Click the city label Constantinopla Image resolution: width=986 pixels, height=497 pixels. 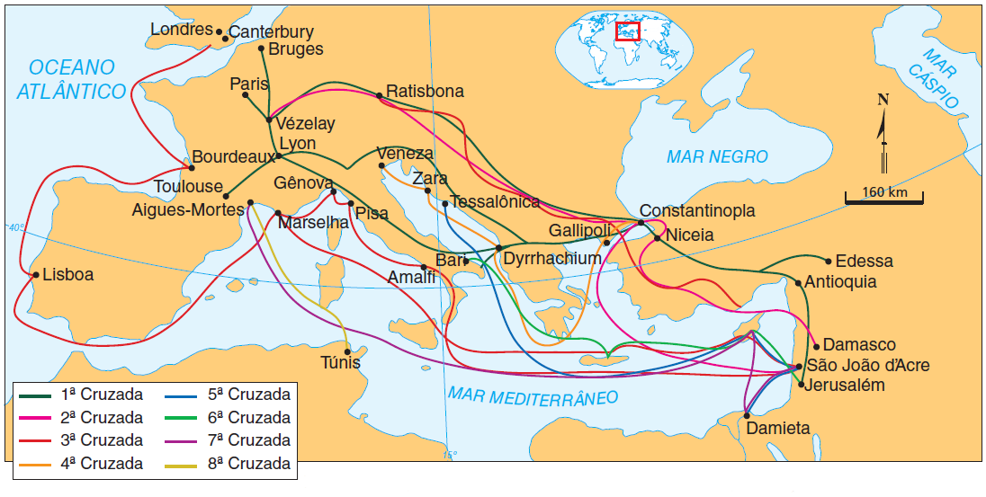(x=696, y=211)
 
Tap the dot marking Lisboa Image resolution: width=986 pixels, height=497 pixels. (x=35, y=275)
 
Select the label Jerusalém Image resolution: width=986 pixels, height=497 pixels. (x=846, y=386)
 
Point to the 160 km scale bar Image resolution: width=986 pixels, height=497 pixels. (x=885, y=200)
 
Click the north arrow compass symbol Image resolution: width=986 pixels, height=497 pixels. (x=883, y=130)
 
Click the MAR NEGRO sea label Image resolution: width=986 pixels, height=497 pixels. (x=717, y=157)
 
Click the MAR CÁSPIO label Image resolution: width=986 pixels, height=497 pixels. (x=932, y=76)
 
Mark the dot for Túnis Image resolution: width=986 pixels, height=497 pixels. (x=348, y=351)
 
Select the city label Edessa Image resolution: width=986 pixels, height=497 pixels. (x=864, y=262)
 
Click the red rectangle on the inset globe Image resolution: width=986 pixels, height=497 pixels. (x=627, y=31)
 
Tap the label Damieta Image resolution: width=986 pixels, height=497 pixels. (x=778, y=429)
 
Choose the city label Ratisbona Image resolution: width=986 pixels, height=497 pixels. (x=425, y=92)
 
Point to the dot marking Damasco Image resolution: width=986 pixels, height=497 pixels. (x=815, y=346)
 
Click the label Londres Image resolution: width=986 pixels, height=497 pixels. (x=181, y=30)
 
